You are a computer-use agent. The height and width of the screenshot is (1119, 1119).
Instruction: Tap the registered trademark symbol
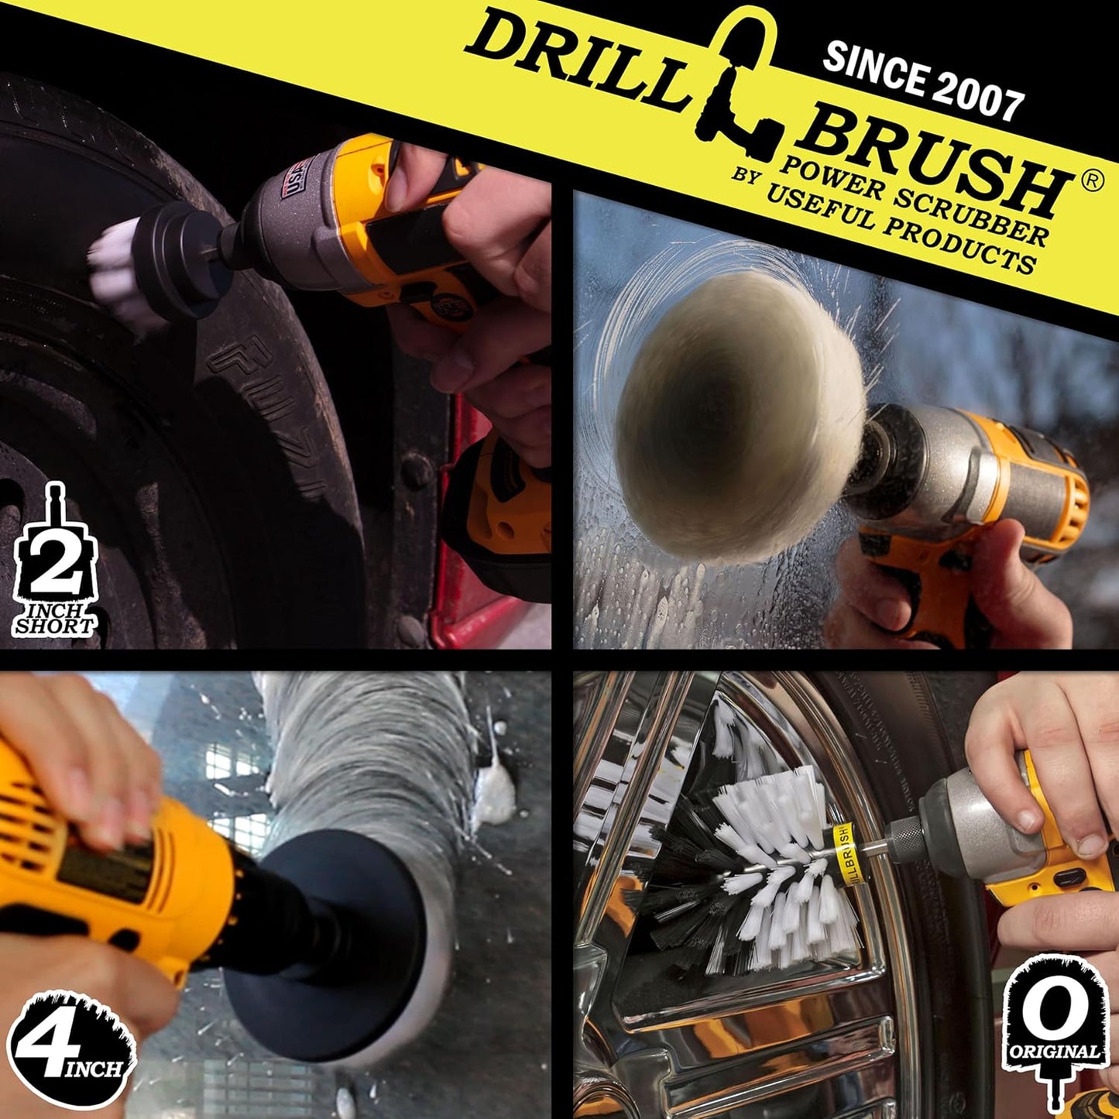[x=1092, y=180]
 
